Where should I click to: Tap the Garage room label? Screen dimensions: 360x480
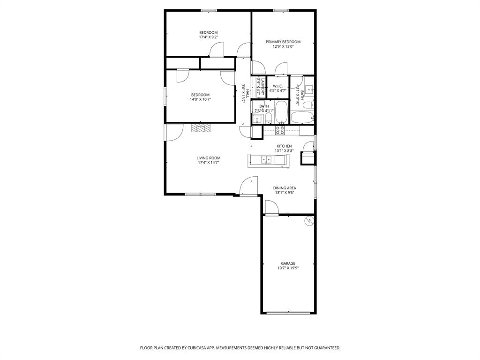(288, 263)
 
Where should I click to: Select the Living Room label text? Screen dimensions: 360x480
(208, 158)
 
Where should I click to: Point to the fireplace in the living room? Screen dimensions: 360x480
(201, 128)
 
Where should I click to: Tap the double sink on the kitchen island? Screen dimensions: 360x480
(266, 160)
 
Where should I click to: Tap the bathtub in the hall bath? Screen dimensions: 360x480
(281, 112)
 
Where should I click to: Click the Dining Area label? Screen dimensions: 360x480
(285, 188)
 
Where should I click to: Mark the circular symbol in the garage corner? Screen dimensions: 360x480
(309, 221)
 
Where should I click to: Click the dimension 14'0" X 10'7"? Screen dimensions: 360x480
(200, 99)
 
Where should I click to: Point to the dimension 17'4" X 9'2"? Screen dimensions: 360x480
(208, 37)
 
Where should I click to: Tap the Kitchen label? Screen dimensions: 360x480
(284, 146)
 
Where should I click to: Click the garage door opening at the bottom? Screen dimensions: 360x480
(288, 313)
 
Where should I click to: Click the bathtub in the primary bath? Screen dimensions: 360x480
(301, 117)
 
